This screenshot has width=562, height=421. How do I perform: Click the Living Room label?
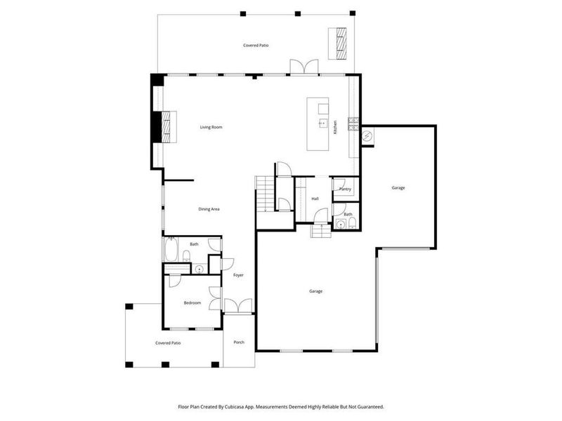(x=211, y=127)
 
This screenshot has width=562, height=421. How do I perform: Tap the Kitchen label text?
(x=335, y=127)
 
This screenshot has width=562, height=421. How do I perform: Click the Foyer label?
(x=238, y=275)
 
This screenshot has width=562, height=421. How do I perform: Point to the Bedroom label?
(x=192, y=303)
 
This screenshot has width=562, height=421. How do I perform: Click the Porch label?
(x=239, y=342)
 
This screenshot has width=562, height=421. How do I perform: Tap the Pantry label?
(x=345, y=189)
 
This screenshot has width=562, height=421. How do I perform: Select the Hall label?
(x=315, y=199)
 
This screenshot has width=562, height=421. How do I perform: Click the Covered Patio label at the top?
(x=256, y=45)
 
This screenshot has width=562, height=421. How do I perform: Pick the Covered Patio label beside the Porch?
(x=169, y=343)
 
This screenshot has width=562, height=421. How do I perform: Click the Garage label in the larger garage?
(x=315, y=291)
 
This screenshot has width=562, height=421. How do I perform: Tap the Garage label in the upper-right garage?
(x=398, y=187)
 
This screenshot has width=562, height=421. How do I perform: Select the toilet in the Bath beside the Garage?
(x=351, y=224)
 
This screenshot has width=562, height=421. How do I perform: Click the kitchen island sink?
(x=323, y=122)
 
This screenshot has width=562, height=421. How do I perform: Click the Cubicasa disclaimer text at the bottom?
(x=281, y=406)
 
